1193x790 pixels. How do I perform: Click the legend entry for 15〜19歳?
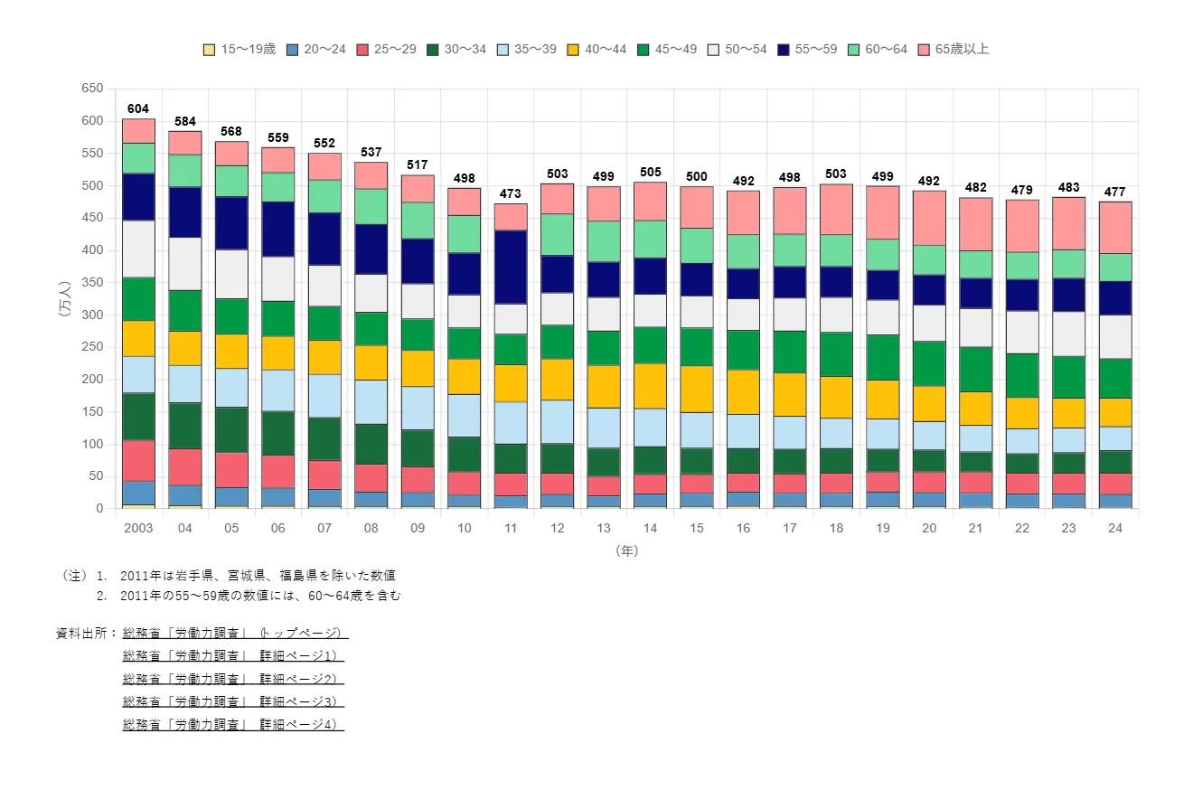pyautogui.click(x=240, y=49)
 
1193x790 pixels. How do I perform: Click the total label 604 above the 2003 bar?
pyautogui.click(x=138, y=109)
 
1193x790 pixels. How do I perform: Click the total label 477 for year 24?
pyautogui.click(x=1114, y=192)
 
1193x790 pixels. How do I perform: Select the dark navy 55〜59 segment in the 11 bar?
pyautogui.click(x=511, y=267)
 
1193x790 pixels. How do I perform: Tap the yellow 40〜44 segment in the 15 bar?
pyautogui.click(x=697, y=389)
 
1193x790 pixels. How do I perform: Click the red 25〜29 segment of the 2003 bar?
pyautogui.click(x=138, y=460)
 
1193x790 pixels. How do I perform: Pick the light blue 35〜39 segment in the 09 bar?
pyautogui.click(x=418, y=408)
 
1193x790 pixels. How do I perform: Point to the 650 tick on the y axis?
pyautogui.click(x=91, y=89)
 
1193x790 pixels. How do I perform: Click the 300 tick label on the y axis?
pyautogui.click(x=91, y=315)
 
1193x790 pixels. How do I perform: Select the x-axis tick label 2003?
pyautogui.click(x=138, y=529)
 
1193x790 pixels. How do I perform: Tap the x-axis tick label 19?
pyautogui.click(x=882, y=529)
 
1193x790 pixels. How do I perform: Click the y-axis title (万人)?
pyautogui.click(x=64, y=298)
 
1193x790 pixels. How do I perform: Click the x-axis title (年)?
pyautogui.click(x=626, y=550)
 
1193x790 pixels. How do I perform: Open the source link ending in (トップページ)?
pyautogui.click(x=234, y=633)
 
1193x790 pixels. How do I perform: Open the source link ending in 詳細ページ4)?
pyautogui.click(x=232, y=724)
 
